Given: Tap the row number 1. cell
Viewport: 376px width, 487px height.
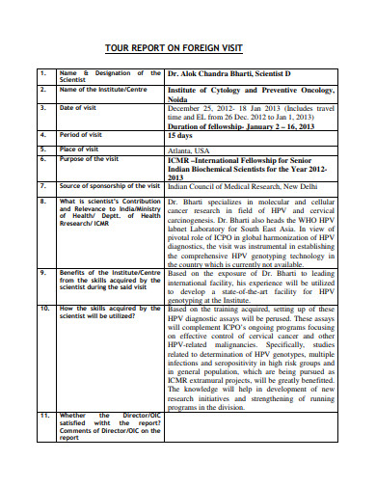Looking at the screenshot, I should point(42,72).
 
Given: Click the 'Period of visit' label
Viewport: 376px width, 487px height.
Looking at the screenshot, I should point(83,136).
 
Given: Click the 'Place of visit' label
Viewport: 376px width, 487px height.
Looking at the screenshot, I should point(82,149).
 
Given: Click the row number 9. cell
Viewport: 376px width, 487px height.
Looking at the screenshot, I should point(42,273).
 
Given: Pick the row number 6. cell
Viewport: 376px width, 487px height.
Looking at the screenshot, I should point(42,159).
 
